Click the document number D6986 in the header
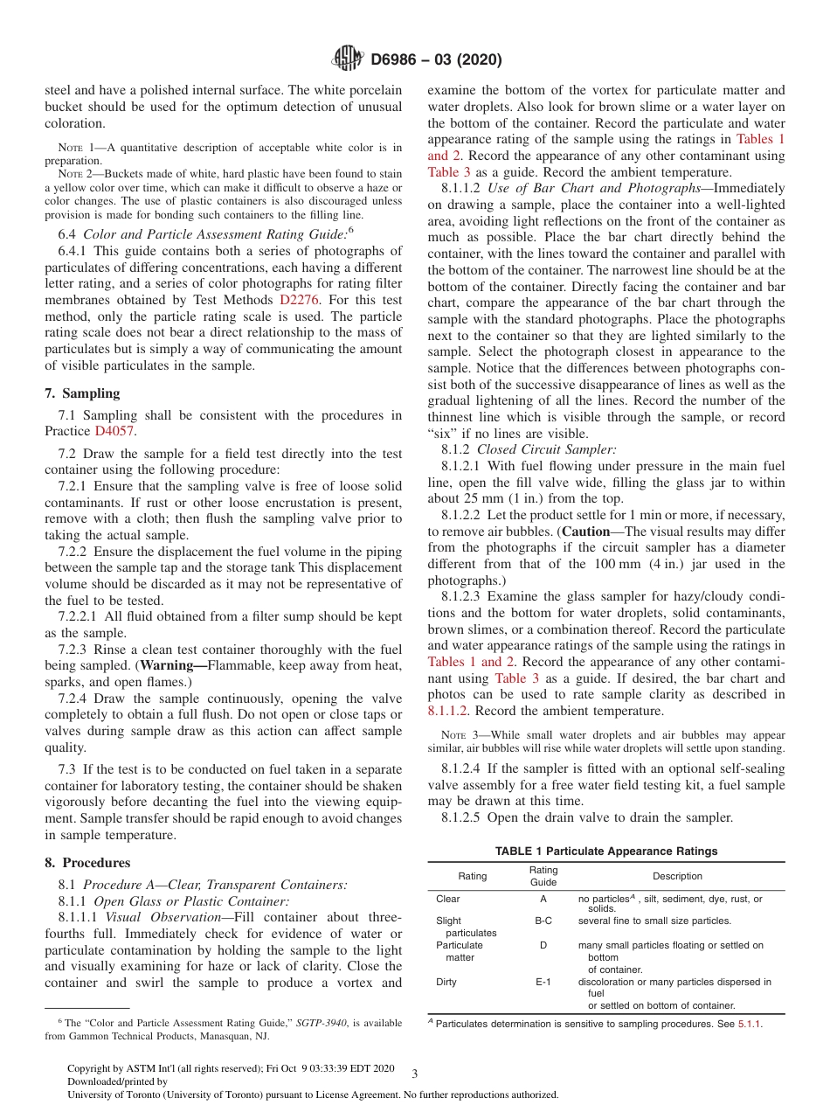click(398, 60)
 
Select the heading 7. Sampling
click(82, 393)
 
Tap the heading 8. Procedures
click(87, 862)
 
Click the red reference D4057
click(115, 431)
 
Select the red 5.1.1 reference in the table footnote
click(750, 1024)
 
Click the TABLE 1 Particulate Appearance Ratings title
click(605, 851)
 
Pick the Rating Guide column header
click(543, 876)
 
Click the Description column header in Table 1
click(676, 876)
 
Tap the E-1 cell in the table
click(543, 982)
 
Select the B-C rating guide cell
click(543, 921)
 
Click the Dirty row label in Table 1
click(446, 982)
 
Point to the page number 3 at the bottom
click(414, 1074)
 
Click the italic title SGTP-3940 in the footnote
click(318, 1022)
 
